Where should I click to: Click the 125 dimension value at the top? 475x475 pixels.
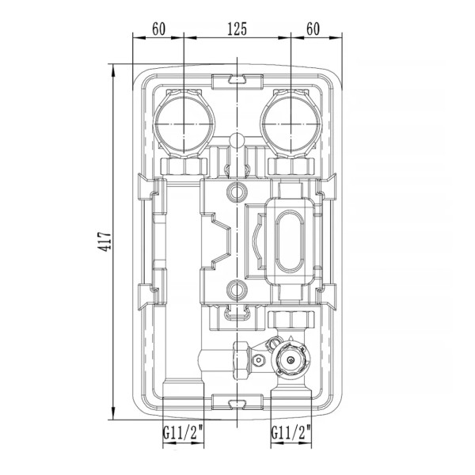tap(237, 28)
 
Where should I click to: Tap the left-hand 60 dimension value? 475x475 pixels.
tap(159, 28)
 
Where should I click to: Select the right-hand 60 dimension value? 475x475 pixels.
tap(313, 28)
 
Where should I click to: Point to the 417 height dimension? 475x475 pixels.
tap(104, 241)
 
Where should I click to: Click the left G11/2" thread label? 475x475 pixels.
tap(183, 432)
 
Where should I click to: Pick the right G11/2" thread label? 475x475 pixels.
tap(291, 432)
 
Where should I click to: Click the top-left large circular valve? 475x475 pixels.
tap(184, 124)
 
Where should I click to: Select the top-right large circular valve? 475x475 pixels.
tap(291, 124)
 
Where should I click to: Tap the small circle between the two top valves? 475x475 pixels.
tap(237, 140)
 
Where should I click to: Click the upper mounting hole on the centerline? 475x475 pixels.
tap(237, 192)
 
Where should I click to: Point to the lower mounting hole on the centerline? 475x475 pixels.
tap(237, 290)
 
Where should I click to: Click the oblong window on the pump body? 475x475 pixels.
tap(289, 241)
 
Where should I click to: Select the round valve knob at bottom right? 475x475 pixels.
tap(291, 359)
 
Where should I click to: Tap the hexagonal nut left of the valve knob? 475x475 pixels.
tap(241, 360)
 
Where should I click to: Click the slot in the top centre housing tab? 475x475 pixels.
tap(237, 79)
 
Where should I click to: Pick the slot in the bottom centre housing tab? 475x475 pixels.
tap(237, 404)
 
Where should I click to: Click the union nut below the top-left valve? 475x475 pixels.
tap(184, 166)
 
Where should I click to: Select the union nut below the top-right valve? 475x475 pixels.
tap(291, 166)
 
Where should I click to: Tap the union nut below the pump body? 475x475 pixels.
tap(291, 320)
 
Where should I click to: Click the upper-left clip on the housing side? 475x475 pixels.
tap(149, 187)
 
